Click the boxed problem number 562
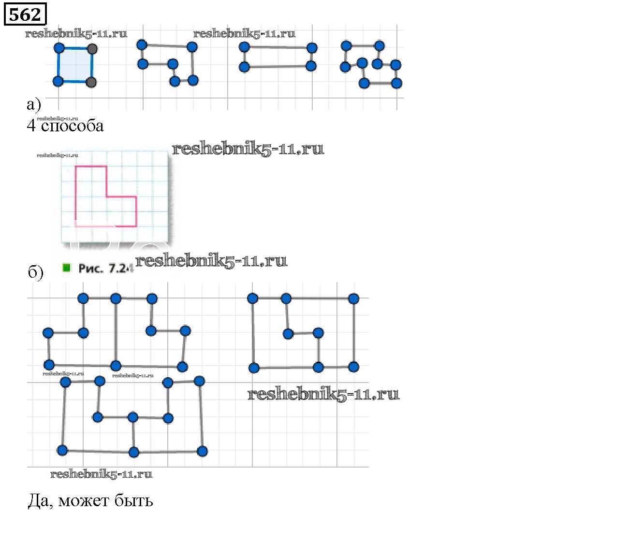[25, 14]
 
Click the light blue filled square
[75, 65]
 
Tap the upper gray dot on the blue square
[92, 49]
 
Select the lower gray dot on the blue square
[91, 82]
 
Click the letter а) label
[33, 104]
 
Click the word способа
[72, 126]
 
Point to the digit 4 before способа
[31, 126]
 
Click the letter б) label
[35, 272]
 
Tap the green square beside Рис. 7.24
[67, 267]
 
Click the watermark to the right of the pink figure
[248, 149]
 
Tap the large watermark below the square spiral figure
[323, 394]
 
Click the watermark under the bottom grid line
[101, 474]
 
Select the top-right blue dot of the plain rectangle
[312, 48]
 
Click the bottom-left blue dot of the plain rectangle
[245, 67]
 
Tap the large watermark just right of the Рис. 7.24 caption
[211, 261]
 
